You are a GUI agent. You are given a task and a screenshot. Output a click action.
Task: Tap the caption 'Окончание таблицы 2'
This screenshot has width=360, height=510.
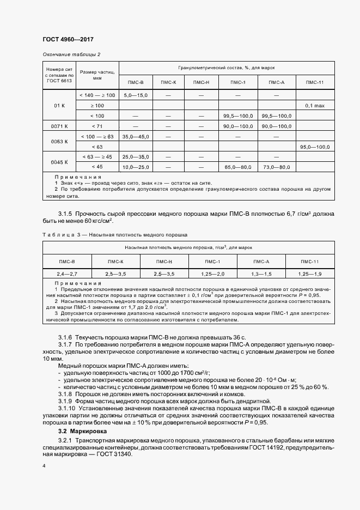coord(71,54)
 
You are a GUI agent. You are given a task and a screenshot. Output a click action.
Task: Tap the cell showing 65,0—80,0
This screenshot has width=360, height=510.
coord(238,167)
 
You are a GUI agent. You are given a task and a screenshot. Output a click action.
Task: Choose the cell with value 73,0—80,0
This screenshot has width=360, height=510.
coord(276,167)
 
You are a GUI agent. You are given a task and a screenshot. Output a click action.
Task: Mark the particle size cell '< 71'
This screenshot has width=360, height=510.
coord(97,126)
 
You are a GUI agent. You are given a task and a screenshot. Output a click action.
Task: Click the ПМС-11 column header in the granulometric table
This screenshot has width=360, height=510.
coord(315,82)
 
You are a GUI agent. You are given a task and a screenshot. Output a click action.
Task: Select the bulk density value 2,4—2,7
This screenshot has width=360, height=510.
coord(66,273)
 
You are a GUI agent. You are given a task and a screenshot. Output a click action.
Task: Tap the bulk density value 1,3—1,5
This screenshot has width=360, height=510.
coord(261,273)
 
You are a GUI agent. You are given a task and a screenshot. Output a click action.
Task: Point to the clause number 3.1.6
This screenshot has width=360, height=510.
coord(66,338)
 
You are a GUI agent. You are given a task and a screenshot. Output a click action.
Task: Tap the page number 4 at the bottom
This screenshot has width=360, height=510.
coord(44,466)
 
